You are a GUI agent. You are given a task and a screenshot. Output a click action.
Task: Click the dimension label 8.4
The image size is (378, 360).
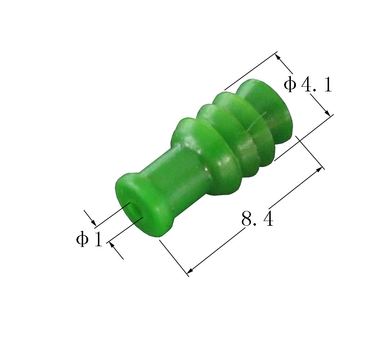(x=257, y=219)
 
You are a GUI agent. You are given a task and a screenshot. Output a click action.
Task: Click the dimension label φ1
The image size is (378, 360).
(x=89, y=239)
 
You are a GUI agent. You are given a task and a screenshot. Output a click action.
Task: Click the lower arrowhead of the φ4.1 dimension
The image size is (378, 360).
(x=327, y=112)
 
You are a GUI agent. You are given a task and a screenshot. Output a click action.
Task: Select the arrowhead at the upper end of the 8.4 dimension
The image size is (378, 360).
(x=319, y=169)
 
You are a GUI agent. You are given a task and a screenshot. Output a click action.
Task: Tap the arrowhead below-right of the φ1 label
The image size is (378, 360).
(x=112, y=245)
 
